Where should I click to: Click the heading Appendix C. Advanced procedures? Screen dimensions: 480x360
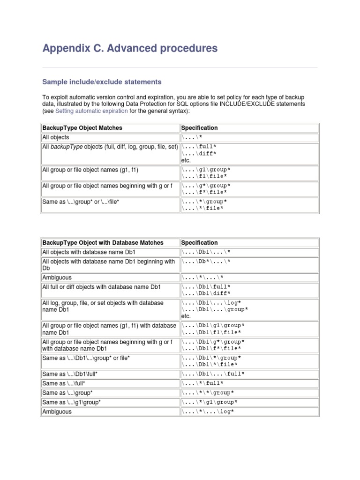point(130,48)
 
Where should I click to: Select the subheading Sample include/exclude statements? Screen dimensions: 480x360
point(102,82)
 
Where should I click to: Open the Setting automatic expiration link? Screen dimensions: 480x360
point(91,111)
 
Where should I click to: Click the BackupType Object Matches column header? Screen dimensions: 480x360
point(82,128)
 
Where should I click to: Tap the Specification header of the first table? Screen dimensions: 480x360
point(199,128)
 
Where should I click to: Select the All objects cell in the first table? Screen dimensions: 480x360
point(56,137)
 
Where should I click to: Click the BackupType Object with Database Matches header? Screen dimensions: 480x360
point(103,243)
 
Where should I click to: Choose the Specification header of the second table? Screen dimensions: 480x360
point(199,243)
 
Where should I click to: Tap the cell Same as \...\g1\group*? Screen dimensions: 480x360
point(71,402)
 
